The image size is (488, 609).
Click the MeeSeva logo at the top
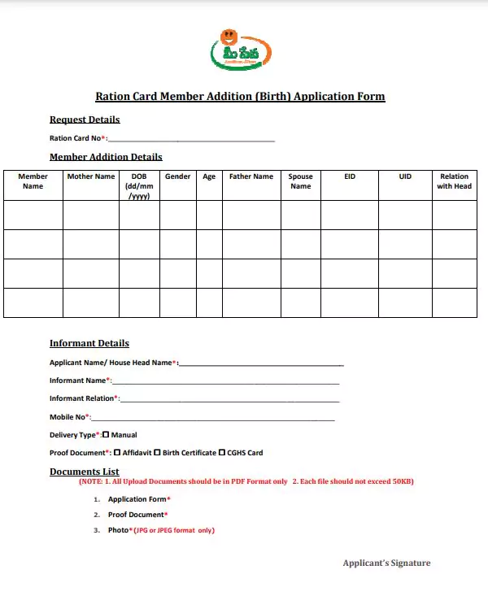point(241,50)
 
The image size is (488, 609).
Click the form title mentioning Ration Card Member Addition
point(240,96)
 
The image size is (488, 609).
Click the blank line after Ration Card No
point(191,139)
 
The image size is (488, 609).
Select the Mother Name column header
point(91,176)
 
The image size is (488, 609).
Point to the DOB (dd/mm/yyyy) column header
point(138,186)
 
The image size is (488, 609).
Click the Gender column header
point(178,176)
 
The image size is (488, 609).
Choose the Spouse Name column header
point(300,181)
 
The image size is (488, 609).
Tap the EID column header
point(350,176)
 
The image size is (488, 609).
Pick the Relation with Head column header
point(454,181)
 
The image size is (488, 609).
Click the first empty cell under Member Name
point(33,215)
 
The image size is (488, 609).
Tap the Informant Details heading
point(89,343)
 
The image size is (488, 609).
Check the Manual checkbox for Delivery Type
point(106,435)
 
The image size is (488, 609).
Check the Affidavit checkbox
point(117,453)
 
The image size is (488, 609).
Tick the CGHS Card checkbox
point(222,453)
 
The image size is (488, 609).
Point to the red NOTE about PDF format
point(246,481)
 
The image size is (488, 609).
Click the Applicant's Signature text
point(386,563)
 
